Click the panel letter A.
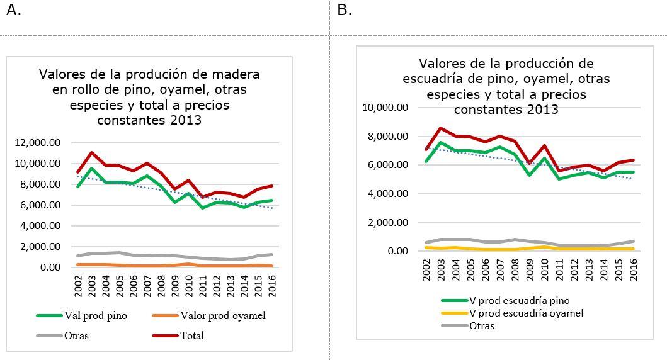pos(13,11)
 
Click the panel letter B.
pos(344,11)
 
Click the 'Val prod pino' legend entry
pos(94,316)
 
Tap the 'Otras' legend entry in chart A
pos(76,335)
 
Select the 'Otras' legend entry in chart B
pos(482,325)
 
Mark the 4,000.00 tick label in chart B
pos(387,194)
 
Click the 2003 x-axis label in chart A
pos(92,286)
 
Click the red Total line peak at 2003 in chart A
pos(92,152)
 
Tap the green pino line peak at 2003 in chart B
pos(441,142)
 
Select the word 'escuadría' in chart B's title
pos(431,79)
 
